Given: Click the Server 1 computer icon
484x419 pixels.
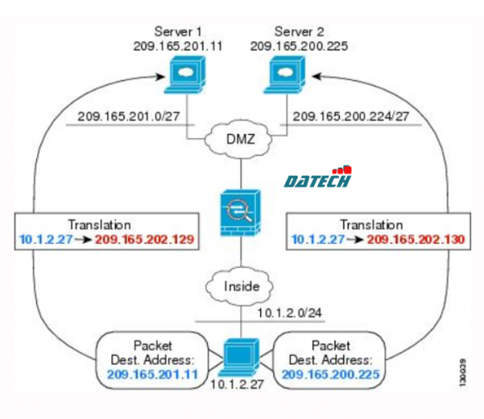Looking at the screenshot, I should click(179, 76).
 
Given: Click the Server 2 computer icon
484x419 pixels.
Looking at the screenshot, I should click(287, 76).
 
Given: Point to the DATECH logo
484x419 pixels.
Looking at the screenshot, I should click(317, 179).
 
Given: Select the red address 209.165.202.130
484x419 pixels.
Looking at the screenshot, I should click(415, 239).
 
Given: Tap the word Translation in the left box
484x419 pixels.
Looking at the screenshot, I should click(100, 225).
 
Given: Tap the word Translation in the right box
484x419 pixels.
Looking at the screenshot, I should click(370, 225).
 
